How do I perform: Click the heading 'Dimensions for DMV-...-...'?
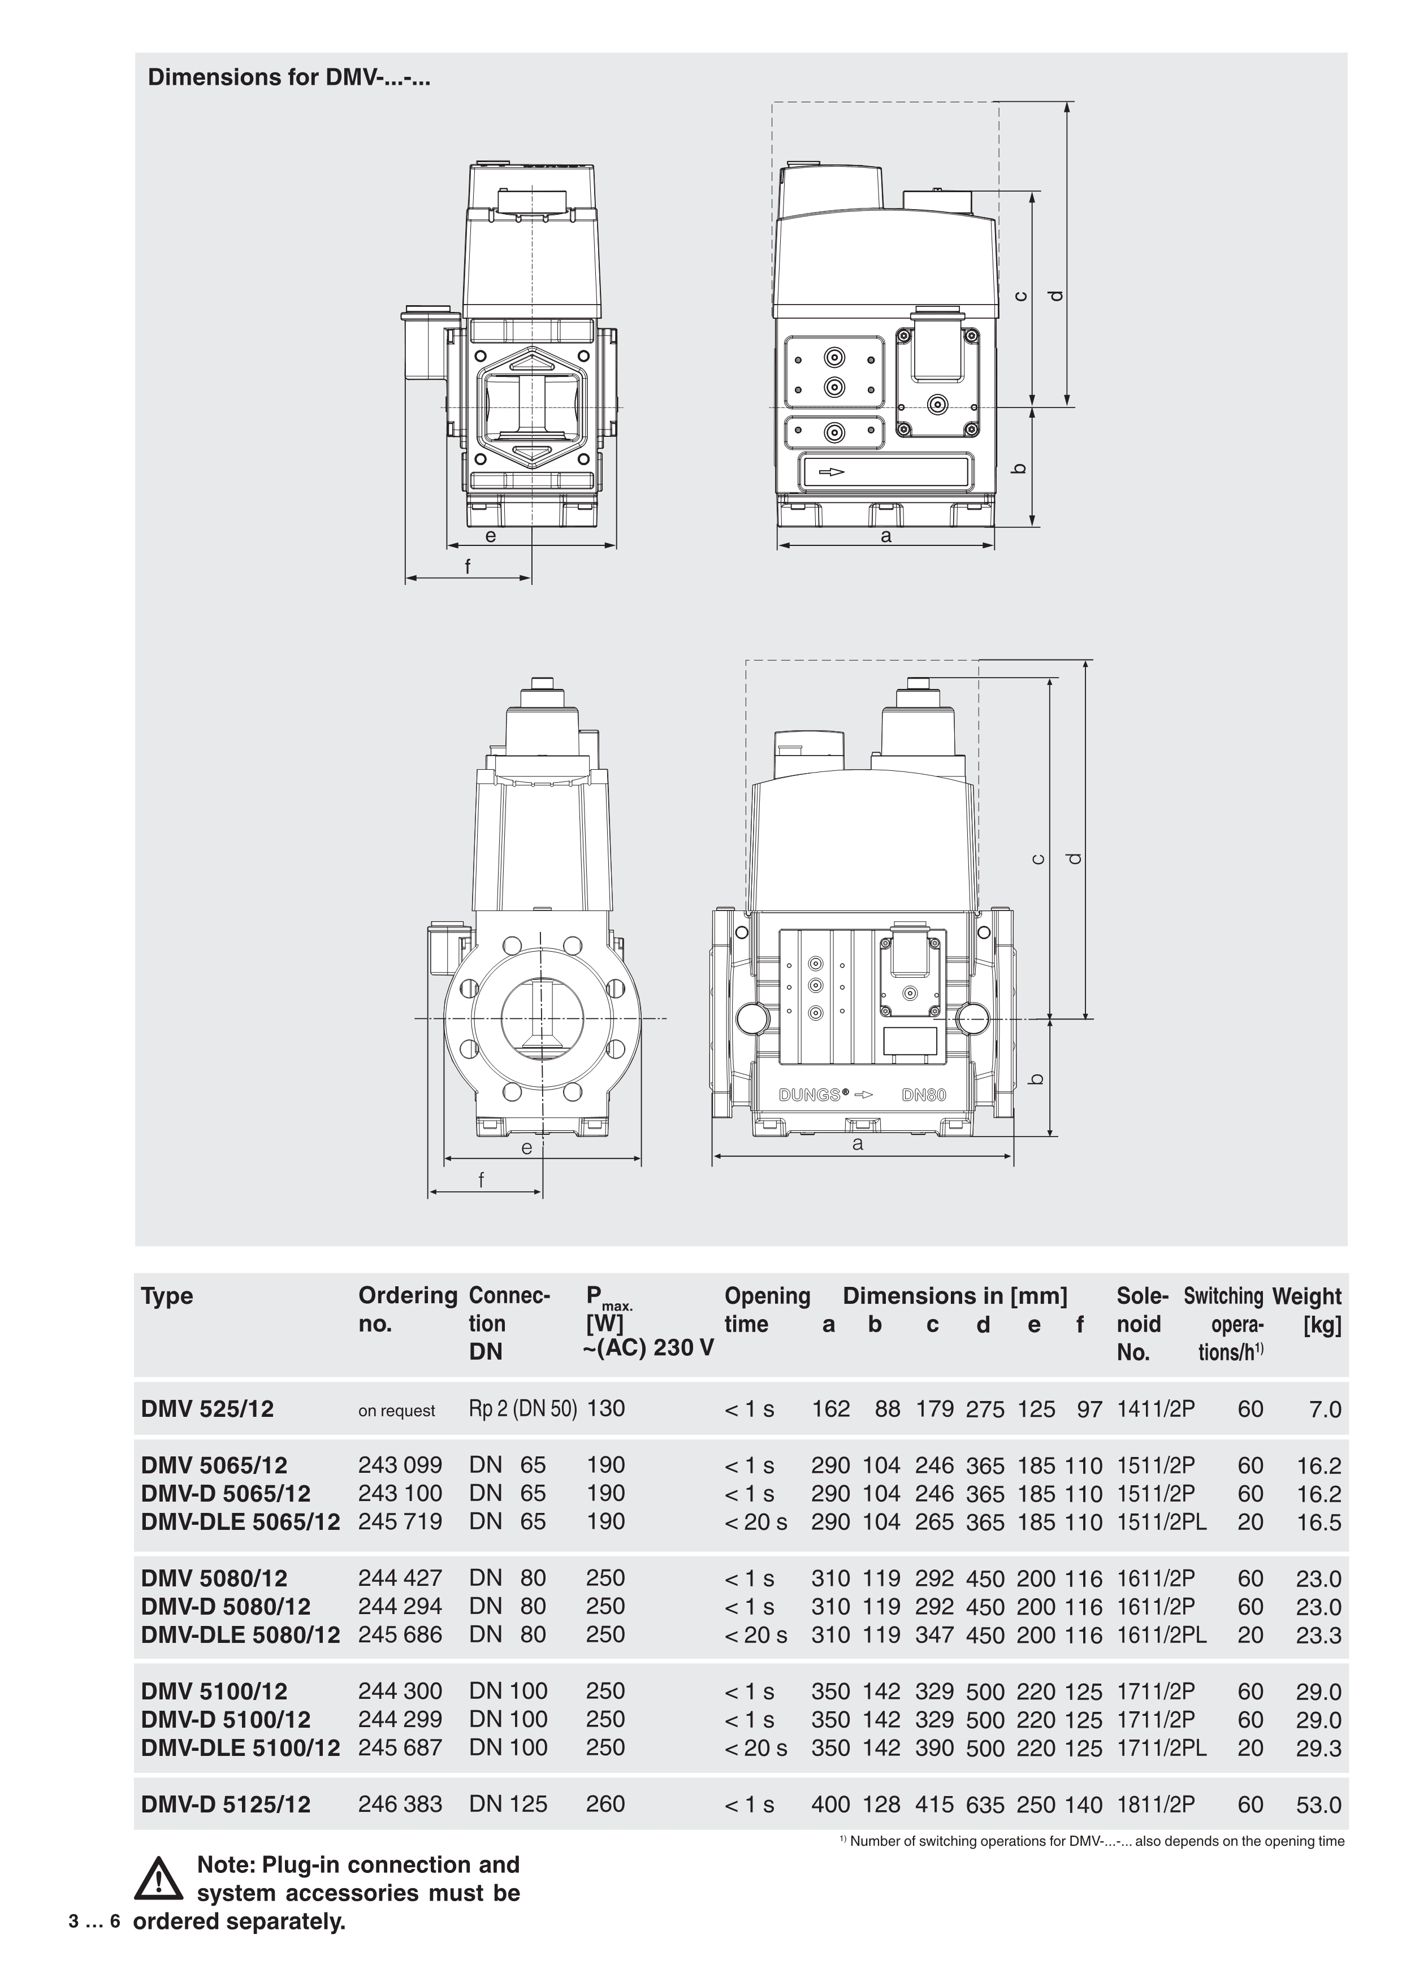click(x=289, y=77)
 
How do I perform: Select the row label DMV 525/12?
click(x=207, y=1409)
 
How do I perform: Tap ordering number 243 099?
click(x=400, y=1466)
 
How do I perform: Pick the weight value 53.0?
click(x=1318, y=1805)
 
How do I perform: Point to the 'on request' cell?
click(x=396, y=1411)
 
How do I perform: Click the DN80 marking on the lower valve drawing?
click(x=924, y=1095)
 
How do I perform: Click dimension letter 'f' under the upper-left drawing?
click(x=468, y=567)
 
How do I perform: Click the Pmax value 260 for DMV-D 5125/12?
click(x=604, y=1805)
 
